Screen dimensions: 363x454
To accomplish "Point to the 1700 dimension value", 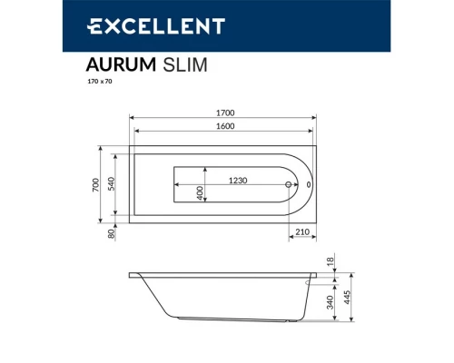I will click(x=224, y=113).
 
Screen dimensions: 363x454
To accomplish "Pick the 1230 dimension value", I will click(x=238, y=181).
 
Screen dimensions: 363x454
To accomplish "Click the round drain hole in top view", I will click(x=289, y=185).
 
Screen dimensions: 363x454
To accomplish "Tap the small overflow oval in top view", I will click(x=309, y=185).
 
